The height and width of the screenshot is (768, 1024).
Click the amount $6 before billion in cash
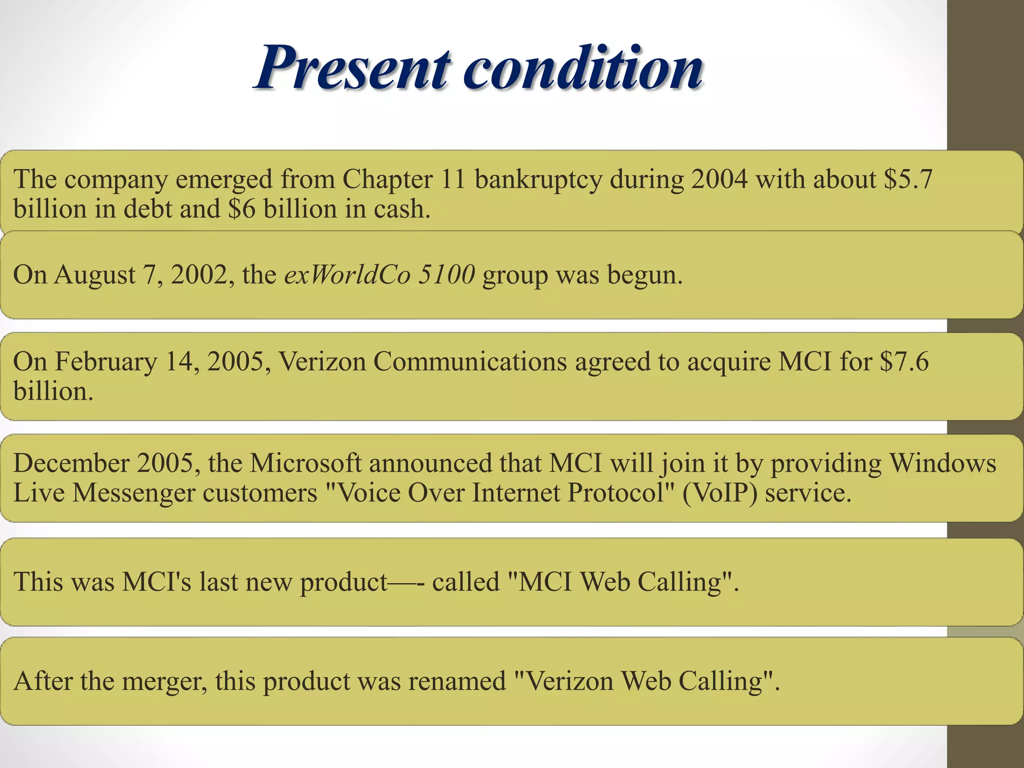click(241, 209)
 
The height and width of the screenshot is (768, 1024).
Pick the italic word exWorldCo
click(347, 274)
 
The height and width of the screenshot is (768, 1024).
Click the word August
click(95, 275)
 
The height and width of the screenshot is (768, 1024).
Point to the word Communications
click(470, 361)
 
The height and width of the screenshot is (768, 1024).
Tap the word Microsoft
click(305, 463)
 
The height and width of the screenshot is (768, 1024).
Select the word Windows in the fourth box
click(942, 463)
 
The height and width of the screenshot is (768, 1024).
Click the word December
click(71, 463)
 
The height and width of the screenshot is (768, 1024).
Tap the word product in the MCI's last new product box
click(343, 582)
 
